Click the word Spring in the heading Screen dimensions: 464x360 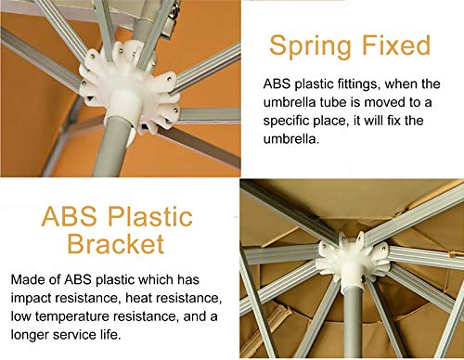pos(310,47)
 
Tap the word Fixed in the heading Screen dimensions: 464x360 pos(396,45)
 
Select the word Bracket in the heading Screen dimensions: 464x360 pos(115,244)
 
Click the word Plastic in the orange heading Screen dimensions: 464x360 pos(150,216)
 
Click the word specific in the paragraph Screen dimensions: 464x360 pos(286,121)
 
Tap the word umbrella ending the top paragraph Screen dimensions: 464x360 pos(290,139)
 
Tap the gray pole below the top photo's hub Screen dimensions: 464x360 pos(110,148)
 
